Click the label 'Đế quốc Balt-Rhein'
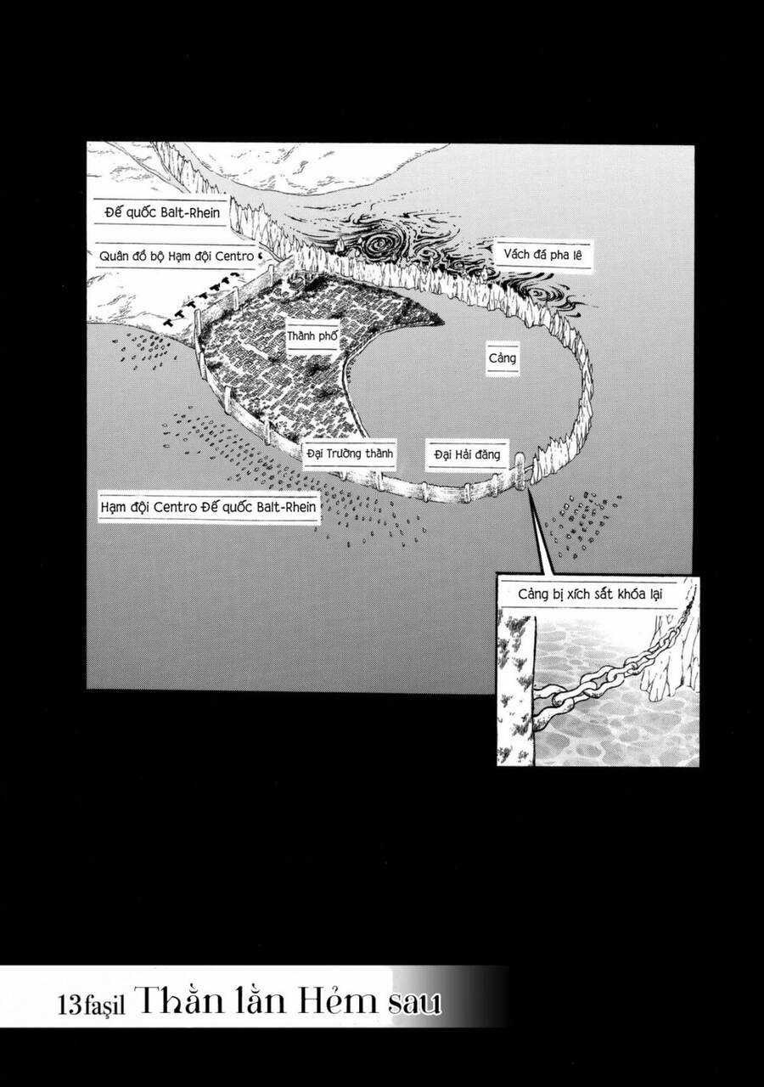[x=160, y=212]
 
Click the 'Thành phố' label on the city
[x=312, y=336]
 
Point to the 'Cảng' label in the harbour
[x=503, y=358]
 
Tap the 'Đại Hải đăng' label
[x=466, y=454]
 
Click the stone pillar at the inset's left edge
[x=515, y=688]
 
